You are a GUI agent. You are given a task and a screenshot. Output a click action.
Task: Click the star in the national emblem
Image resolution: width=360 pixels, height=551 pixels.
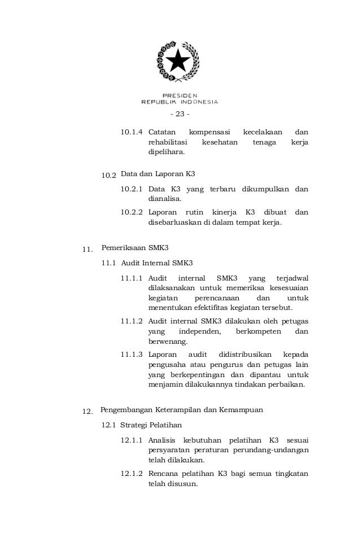click(x=179, y=59)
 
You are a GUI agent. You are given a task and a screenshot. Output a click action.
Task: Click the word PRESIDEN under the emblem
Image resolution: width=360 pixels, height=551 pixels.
click(x=179, y=95)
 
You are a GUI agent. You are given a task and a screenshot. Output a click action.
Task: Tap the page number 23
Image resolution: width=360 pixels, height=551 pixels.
click(x=180, y=115)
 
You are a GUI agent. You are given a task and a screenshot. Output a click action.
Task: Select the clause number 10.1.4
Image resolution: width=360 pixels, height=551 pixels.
click(x=132, y=132)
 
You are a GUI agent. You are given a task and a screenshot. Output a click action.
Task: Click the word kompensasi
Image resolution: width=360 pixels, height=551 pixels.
click(x=207, y=132)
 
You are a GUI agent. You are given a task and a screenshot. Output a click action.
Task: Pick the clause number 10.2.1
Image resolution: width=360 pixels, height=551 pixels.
click(x=132, y=189)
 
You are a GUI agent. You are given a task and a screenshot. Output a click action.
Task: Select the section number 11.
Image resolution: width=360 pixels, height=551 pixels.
click(x=87, y=249)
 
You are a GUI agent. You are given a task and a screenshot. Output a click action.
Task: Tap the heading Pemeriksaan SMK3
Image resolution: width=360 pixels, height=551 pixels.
click(x=135, y=247)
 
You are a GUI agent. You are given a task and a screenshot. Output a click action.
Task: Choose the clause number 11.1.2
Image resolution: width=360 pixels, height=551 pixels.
click(x=132, y=321)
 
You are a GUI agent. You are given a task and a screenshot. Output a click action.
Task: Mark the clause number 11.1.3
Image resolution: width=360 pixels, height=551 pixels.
click(x=132, y=355)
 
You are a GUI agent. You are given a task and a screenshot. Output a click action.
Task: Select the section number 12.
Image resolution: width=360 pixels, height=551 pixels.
click(x=87, y=411)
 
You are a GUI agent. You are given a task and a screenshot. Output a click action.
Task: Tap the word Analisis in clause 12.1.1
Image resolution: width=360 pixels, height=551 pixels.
click(x=161, y=440)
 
